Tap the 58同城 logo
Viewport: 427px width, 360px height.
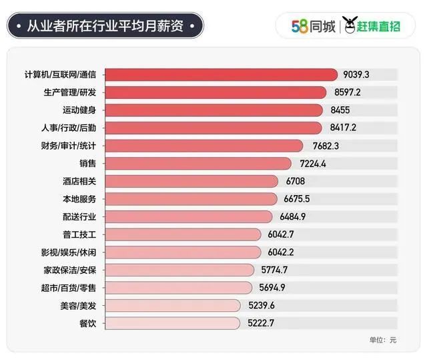point(314,27)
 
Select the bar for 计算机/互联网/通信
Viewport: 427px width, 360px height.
point(221,75)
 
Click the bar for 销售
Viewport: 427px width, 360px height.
point(198,163)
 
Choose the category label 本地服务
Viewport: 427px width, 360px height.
point(79,198)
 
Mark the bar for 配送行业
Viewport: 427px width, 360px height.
point(189,216)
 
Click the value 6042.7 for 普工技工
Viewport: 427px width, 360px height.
point(281,234)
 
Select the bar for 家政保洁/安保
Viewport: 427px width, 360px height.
point(179,270)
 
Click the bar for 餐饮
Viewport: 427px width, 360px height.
point(172,323)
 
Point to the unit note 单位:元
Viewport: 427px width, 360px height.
point(382,340)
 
